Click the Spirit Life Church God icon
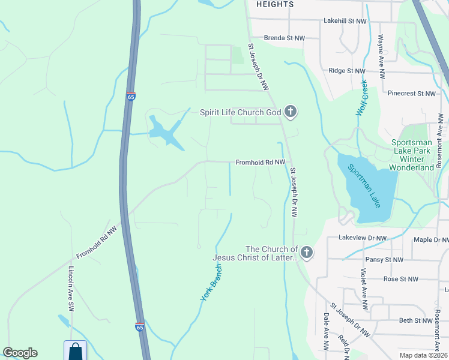291,112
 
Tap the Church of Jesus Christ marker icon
307,253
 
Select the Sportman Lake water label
363,184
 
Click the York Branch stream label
208,283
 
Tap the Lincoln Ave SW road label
71,288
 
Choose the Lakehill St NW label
345,21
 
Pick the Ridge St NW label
348,71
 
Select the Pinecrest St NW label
412,94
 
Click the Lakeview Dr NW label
363,238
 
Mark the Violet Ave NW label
363,289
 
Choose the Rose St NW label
400,279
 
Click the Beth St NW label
416,321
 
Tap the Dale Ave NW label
327,332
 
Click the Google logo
20,353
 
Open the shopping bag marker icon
75,350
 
